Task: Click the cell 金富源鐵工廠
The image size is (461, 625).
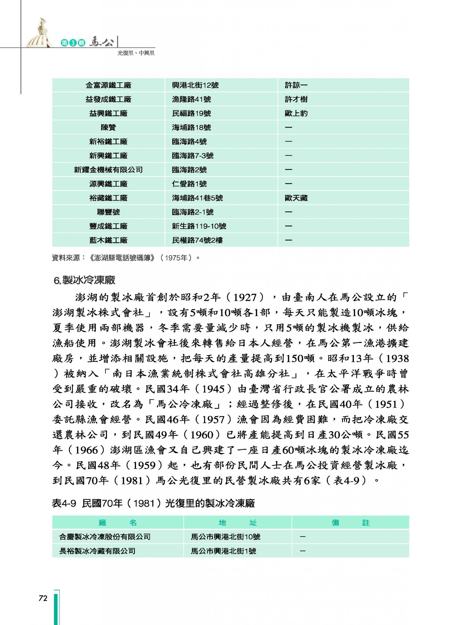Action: [x=108, y=85]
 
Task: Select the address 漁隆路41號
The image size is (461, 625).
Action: [x=191, y=99]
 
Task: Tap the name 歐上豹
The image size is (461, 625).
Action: [x=296, y=113]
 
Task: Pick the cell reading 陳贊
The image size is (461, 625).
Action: [x=108, y=128]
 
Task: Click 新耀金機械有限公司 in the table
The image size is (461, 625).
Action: [x=108, y=170]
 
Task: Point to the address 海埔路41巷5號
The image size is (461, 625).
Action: [x=197, y=198]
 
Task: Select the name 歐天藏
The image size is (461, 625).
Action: [x=296, y=198]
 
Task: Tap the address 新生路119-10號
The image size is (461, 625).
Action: [x=199, y=226]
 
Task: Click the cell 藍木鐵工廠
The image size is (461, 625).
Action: [x=108, y=240]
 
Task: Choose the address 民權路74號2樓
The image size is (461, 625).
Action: [x=197, y=240]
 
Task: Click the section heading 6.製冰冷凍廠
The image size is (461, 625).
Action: [x=84, y=280]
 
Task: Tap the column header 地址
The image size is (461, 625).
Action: [x=237, y=523]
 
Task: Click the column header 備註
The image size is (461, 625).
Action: [x=350, y=523]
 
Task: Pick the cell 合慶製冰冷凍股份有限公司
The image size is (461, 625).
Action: [x=105, y=537]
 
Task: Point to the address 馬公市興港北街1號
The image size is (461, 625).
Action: [x=223, y=551]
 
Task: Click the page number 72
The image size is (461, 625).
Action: [x=43, y=599]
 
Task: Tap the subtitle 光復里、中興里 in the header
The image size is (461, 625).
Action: [x=136, y=53]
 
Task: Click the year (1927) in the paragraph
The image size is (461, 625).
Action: [x=245, y=297]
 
